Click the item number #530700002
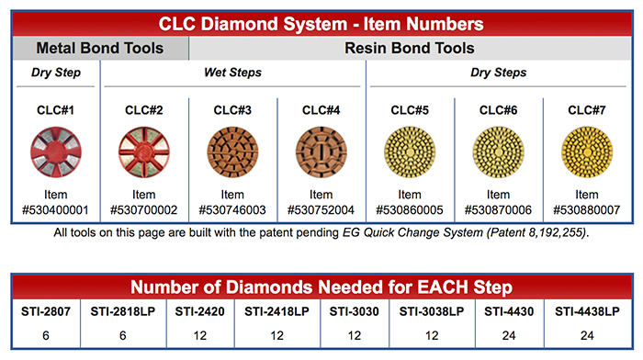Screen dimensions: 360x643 pyautogui.click(x=143, y=209)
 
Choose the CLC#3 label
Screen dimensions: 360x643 pyautogui.click(x=232, y=110)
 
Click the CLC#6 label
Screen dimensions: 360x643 pyautogui.click(x=498, y=110)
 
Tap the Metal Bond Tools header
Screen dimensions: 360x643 pyautogui.click(x=100, y=48)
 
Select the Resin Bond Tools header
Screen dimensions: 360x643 pyautogui.click(x=411, y=48)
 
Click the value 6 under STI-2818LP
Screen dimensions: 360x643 pyautogui.click(x=123, y=334)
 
